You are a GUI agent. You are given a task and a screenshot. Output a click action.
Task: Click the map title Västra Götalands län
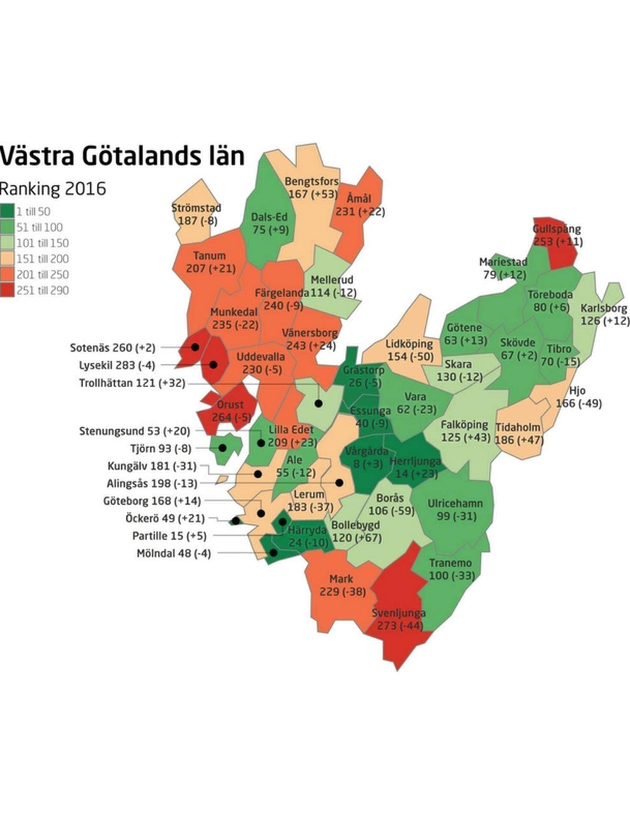(x=122, y=156)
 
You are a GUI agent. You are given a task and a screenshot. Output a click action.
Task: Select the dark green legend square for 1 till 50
(x=6, y=211)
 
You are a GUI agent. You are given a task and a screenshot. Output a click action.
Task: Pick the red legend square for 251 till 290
(x=6, y=290)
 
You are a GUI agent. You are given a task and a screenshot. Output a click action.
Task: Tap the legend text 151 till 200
(x=42, y=259)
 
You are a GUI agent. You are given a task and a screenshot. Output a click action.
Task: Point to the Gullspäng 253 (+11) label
(x=557, y=236)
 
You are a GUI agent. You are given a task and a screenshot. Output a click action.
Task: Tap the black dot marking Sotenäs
(x=195, y=347)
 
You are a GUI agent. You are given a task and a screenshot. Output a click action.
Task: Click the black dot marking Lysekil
(x=213, y=365)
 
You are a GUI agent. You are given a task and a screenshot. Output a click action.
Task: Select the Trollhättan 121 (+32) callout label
(x=132, y=383)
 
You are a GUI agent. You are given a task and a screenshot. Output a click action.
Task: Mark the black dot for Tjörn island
(x=222, y=448)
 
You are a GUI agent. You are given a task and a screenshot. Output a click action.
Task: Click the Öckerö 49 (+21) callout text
(x=165, y=518)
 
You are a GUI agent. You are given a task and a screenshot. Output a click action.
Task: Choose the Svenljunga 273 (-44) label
(x=399, y=619)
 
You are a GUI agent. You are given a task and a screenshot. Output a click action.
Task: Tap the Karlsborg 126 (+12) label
(x=604, y=315)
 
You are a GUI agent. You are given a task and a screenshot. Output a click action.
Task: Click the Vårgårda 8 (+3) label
(x=367, y=457)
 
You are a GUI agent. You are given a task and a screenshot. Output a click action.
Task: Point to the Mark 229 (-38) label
(x=342, y=585)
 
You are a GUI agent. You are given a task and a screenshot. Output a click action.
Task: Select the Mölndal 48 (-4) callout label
(x=174, y=554)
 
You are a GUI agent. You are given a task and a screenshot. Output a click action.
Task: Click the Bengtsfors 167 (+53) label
(x=312, y=188)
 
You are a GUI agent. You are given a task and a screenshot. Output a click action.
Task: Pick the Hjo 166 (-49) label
(x=578, y=397)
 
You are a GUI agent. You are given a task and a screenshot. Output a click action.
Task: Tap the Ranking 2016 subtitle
(x=53, y=189)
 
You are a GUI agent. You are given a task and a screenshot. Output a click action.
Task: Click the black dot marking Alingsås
(x=339, y=483)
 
